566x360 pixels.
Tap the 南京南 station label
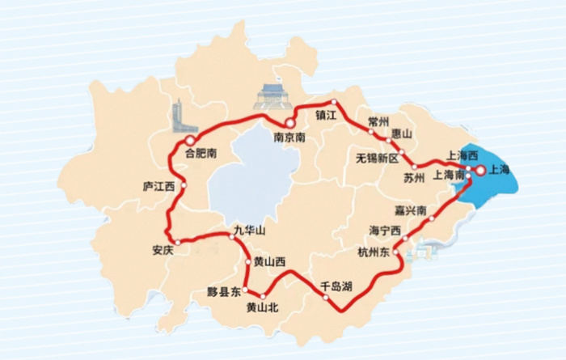click(289, 138)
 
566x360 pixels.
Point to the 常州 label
click(378, 120)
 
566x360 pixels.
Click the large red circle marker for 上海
click(480, 170)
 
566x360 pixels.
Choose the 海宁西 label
click(385, 230)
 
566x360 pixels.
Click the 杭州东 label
click(374, 252)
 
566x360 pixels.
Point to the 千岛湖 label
click(336, 286)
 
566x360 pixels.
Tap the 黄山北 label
click(262, 307)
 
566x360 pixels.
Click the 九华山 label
click(249, 230)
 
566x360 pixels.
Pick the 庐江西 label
click(158, 186)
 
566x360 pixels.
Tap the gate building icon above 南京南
click(271, 97)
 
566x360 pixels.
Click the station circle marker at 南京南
click(289, 123)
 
